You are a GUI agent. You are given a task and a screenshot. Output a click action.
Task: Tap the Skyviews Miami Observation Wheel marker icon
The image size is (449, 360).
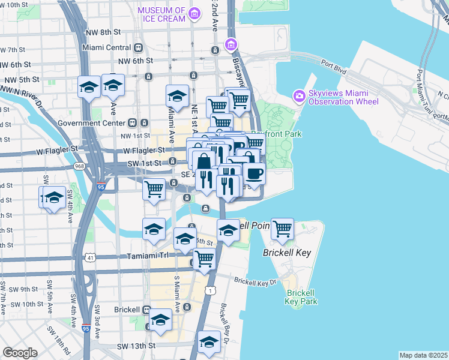point(298,96)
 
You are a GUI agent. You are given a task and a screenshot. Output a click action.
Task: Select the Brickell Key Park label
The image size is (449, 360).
point(301,297)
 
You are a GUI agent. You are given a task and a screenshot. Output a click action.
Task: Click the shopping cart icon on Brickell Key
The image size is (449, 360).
point(282,229)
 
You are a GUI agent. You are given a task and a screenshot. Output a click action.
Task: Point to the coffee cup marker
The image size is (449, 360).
point(255,174)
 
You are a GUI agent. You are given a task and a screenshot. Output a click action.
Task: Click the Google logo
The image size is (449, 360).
point(20,353)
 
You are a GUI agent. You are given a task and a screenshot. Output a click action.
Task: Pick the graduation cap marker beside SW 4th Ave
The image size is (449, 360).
point(53,197)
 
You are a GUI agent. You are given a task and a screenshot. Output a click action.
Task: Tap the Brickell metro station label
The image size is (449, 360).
point(127,310)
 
